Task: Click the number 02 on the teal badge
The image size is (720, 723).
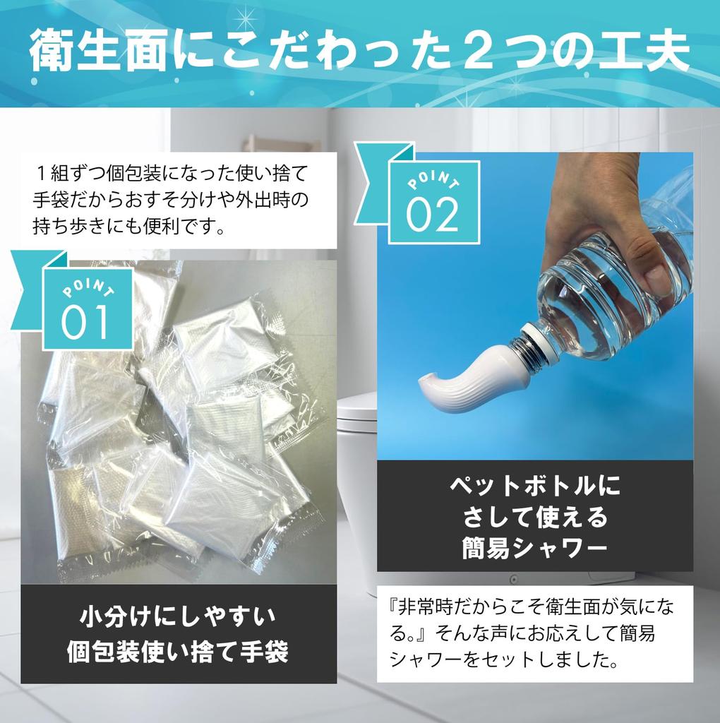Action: pos(433,215)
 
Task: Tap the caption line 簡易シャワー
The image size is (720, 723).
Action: pos(534,548)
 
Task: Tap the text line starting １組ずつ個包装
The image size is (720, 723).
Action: pos(170,172)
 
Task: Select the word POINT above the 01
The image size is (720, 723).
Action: pos(88,291)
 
